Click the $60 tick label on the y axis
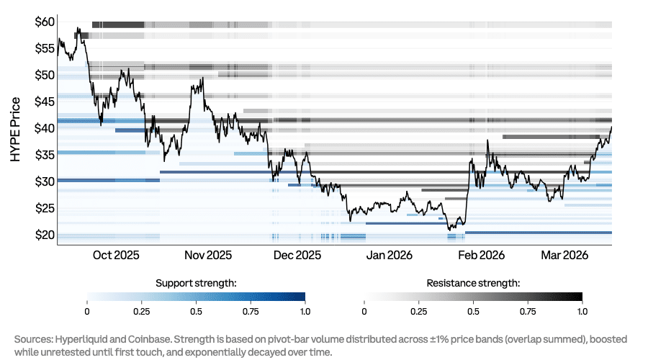coord(45,22)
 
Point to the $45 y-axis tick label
coord(45,102)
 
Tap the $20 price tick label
coord(45,235)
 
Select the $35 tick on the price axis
coord(45,155)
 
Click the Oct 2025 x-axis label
coord(116,256)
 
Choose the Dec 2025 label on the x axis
coord(297,256)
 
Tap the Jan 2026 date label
coord(390,256)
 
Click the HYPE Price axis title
coord(16,129)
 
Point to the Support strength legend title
coord(197,283)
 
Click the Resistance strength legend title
coord(473,283)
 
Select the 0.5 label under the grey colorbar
coord(473,311)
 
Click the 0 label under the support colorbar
coord(87,311)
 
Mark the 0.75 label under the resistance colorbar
coord(528,311)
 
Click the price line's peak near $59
coord(78,29)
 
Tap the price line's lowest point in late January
coord(450,230)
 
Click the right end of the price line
coord(611,127)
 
